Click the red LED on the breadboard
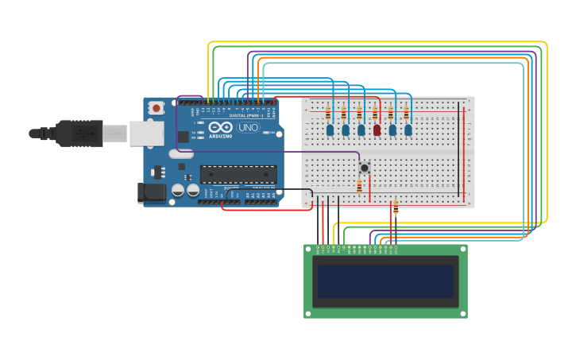pos(377,130)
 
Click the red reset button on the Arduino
pos(157,107)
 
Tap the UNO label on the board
pos(248,127)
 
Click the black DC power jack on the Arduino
pos(151,192)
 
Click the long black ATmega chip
pos(238,173)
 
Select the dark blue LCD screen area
pos(385,281)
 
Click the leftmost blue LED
pos(330,130)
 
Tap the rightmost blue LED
pos(408,130)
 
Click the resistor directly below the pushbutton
pos(359,187)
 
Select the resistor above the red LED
pos(375,113)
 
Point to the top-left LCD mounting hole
pos(308,249)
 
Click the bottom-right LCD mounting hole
pos(462,313)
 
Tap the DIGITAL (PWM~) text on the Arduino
pos(246,115)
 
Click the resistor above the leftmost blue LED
pos(328,111)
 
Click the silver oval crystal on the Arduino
pos(180,154)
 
